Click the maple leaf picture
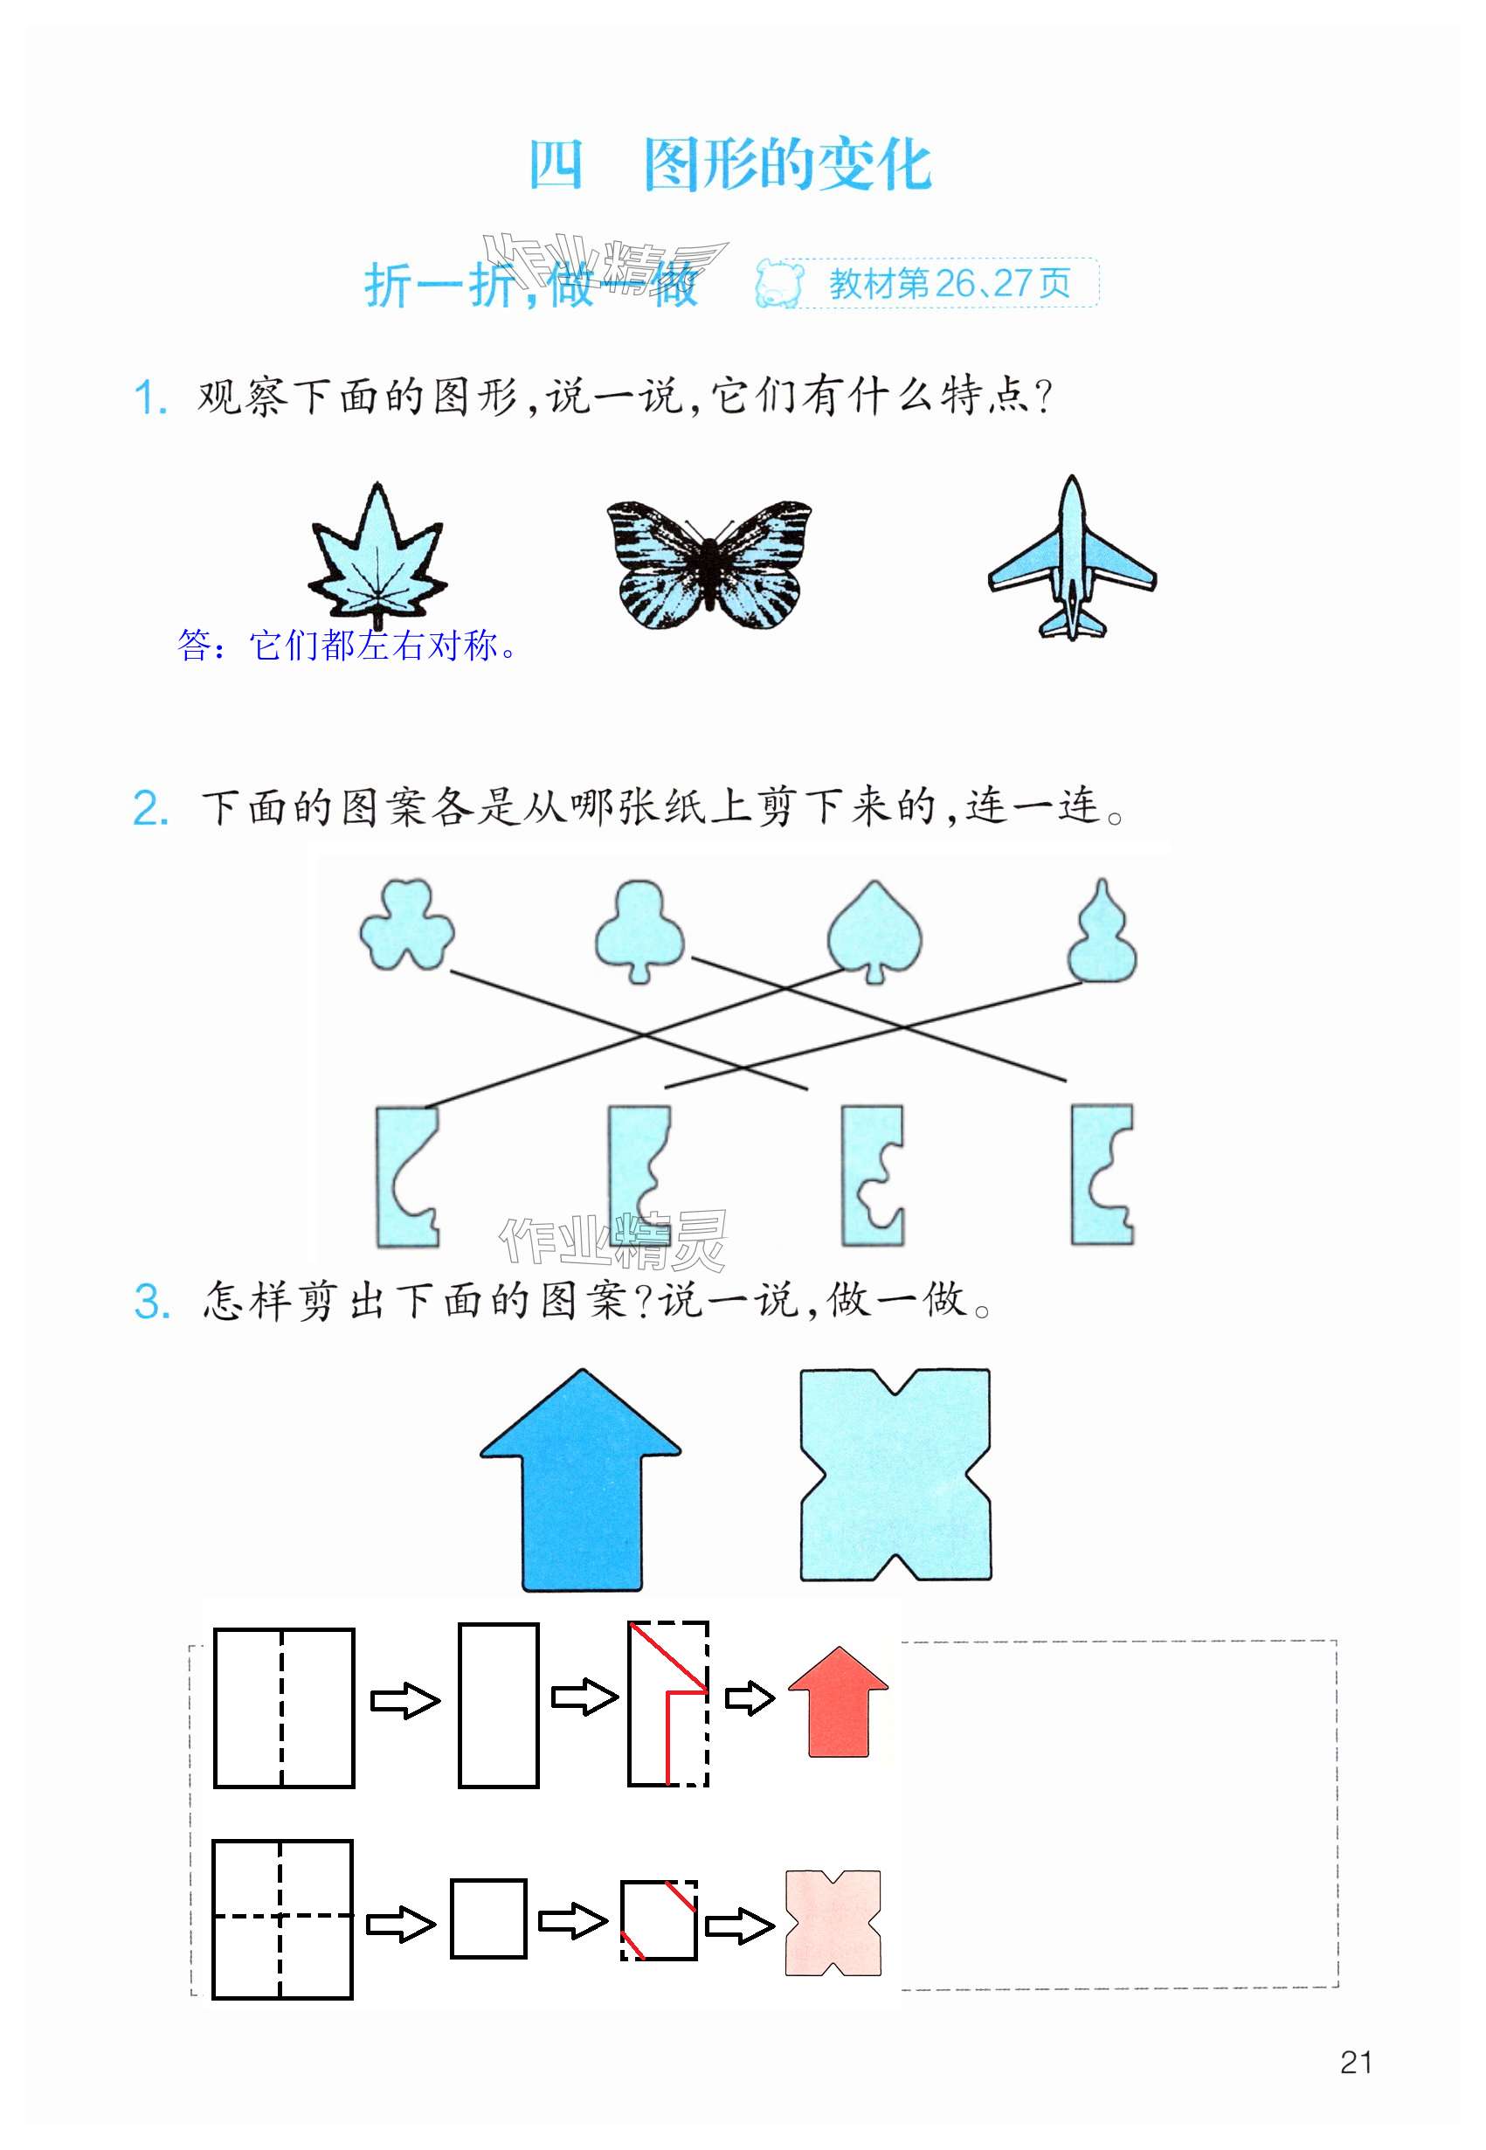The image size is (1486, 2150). tap(377, 557)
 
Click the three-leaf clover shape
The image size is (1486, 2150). tap(407, 923)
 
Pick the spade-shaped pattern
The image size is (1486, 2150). tap(874, 929)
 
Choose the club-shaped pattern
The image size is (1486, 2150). tap(639, 929)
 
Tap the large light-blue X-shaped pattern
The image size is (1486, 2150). tap(895, 1474)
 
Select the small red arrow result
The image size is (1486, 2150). tap(838, 1701)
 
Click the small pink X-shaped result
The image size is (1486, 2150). tap(833, 1923)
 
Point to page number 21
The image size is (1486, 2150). tap(1356, 2063)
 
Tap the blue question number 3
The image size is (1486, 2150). tap(152, 1302)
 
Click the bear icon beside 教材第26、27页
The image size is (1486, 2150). tap(778, 284)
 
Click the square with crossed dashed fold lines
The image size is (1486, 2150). tap(282, 1919)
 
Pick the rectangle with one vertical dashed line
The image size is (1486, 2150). tap(284, 1708)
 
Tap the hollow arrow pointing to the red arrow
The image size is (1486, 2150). tap(750, 1697)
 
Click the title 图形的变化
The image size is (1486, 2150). tap(787, 166)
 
